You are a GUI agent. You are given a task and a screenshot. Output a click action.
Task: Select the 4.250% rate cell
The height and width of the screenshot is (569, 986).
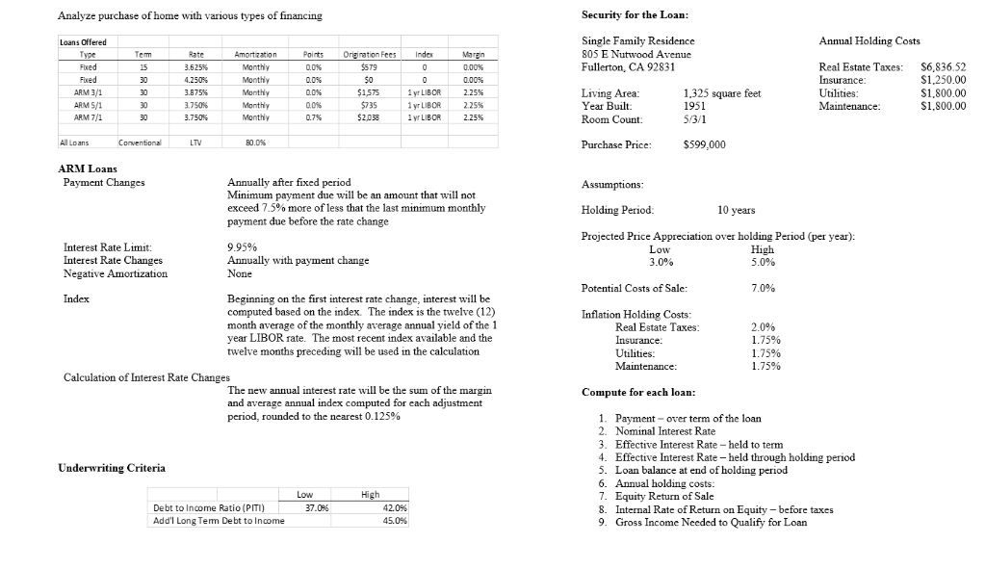(x=195, y=80)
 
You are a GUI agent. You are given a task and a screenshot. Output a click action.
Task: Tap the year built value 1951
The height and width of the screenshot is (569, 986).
(x=694, y=106)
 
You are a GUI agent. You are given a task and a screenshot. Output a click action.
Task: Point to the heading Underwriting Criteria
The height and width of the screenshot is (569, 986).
(x=112, y=468)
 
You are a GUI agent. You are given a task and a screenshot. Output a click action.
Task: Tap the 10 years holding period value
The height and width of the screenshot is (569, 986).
(x=736, y=210)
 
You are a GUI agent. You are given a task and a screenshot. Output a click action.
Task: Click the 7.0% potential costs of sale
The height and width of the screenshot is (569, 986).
(x=765, y=288)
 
